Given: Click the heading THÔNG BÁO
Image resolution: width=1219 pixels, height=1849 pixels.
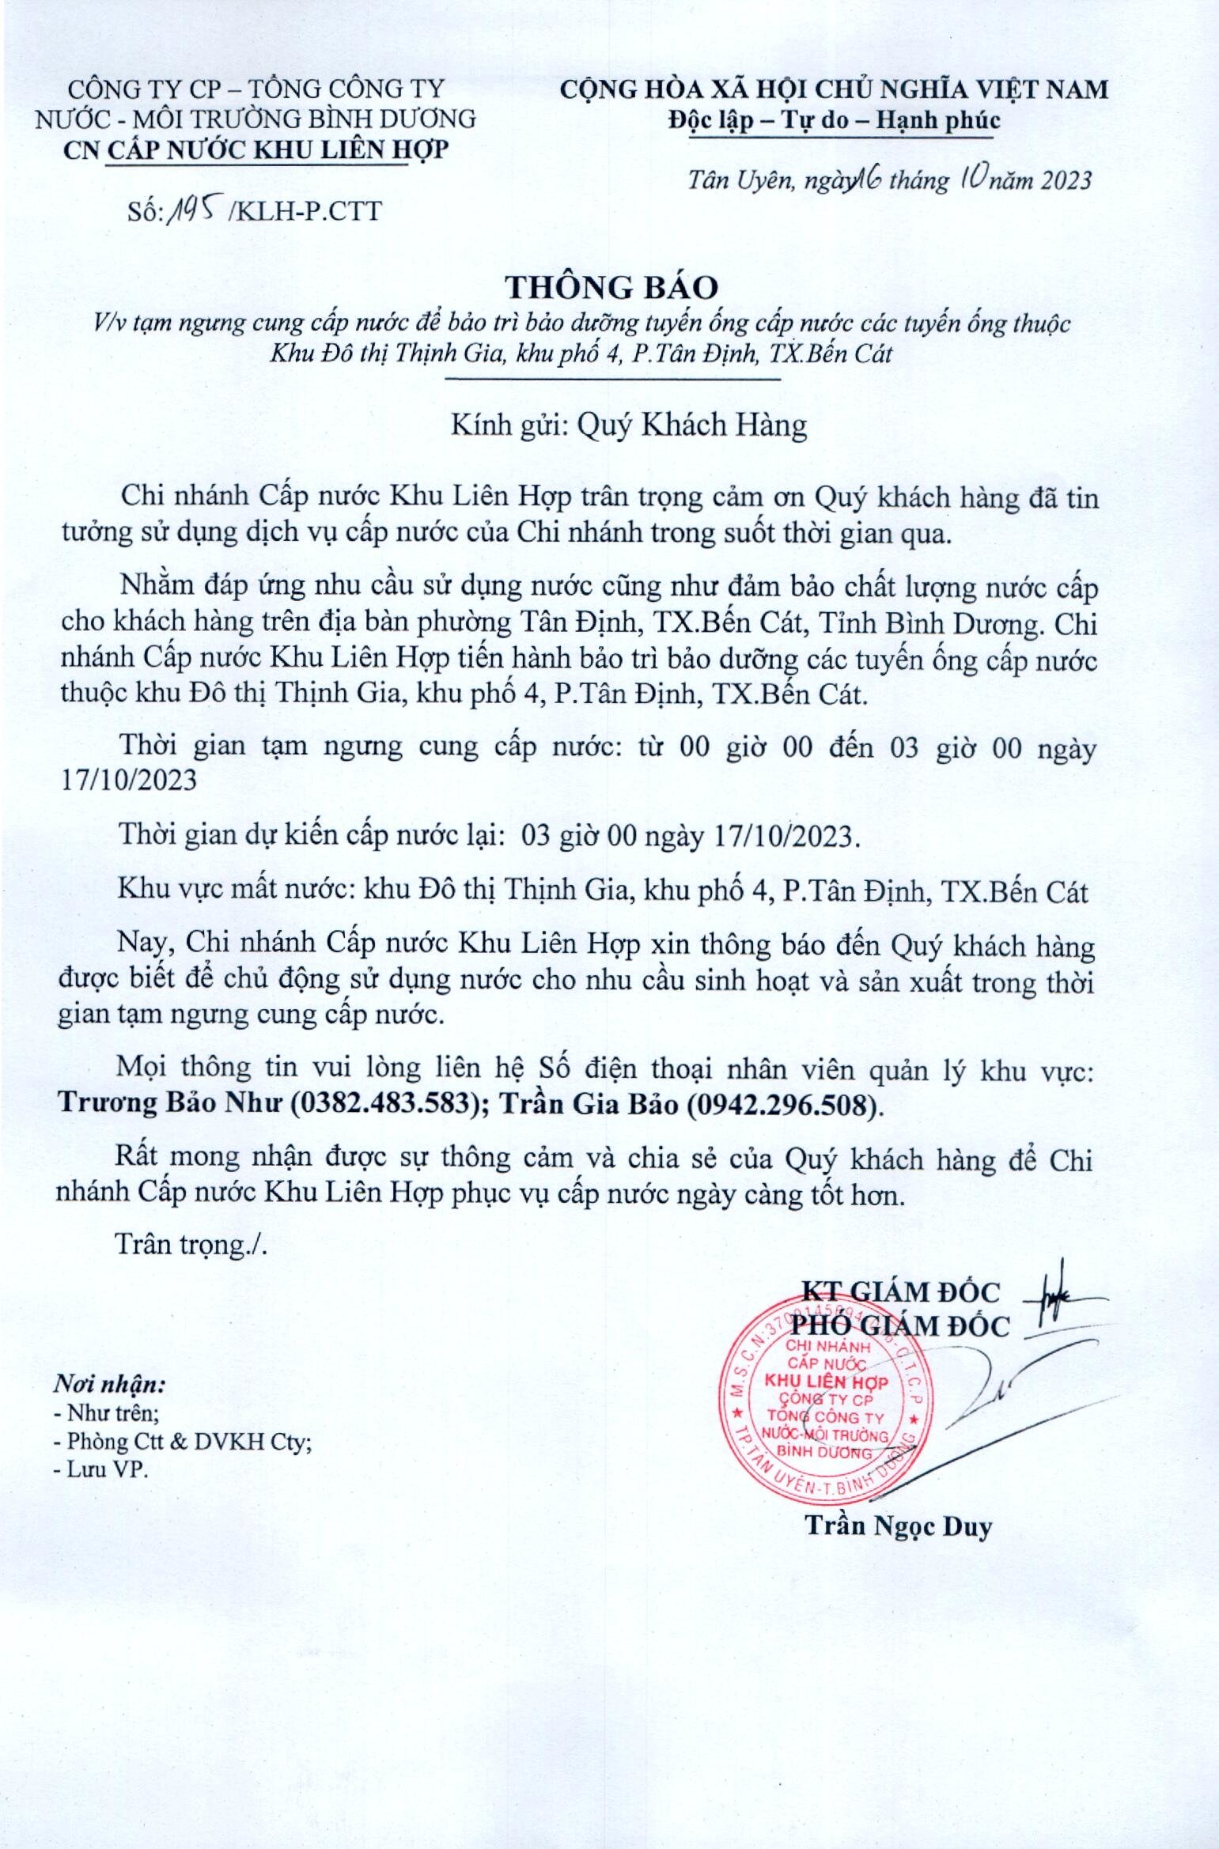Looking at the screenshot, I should [x=611, y=286].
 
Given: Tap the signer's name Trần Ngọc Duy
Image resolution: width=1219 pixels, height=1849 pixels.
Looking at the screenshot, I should [x=898, y=1526].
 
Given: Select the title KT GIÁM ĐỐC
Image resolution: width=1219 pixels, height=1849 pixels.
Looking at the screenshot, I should [x=900, y=1291].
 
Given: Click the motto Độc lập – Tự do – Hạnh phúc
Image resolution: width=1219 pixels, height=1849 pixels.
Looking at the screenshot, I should [x=834, y=120].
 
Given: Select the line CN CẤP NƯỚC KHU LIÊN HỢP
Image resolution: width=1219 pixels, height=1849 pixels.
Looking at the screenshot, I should [x=256, y=149].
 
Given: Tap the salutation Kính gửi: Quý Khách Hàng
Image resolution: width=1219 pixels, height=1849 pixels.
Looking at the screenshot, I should [x=628, y=425].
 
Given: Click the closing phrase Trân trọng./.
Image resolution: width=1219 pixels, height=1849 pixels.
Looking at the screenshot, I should [x=191, y=1244].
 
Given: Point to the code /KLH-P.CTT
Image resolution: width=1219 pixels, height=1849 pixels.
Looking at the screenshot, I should [x=304, y=211].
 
